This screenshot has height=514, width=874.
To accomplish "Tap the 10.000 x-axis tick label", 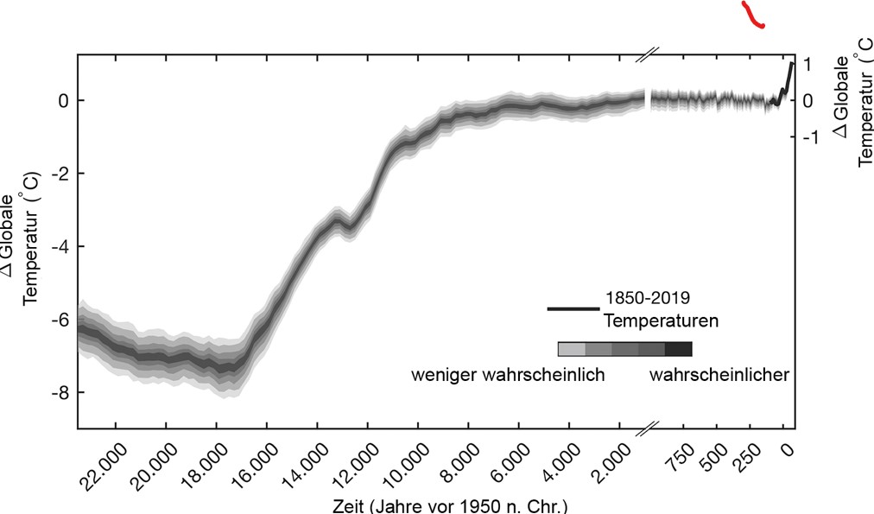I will pyautogui.click(x=408, y=466).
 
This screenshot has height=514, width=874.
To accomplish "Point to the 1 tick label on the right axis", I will pyautogui.click(x=807, y=64).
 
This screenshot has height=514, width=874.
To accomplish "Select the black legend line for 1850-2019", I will pyautogui.click(x=573, y=308).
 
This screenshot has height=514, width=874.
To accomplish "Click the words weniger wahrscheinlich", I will pyautogui.click(x=507, y=376).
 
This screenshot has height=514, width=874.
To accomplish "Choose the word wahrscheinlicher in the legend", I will pyautogui.click(x=719, y=376).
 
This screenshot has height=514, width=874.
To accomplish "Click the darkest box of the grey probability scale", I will pyautogui.click(x=679, y=349).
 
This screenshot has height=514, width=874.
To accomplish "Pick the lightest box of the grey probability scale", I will pyautogui.click(x=572, y=349).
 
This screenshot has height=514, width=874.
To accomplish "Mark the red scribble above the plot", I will pyautogui.click(x=752, y=16).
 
